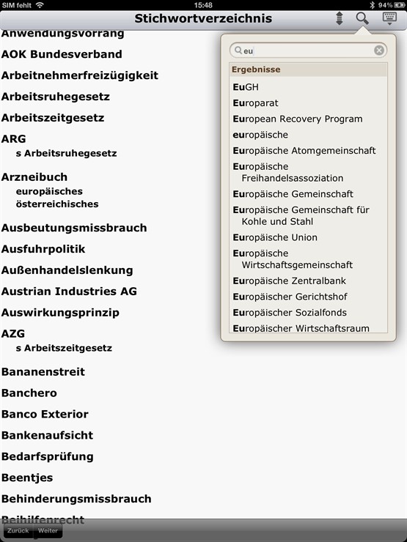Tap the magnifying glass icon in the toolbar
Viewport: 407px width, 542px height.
point(362,18)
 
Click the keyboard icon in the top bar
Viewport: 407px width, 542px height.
point(389,18)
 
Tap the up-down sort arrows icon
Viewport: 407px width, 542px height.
point(339,19)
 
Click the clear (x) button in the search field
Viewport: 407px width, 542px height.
point(379,51)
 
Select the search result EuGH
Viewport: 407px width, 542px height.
point(246,87)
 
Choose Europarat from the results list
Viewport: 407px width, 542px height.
point(255,103)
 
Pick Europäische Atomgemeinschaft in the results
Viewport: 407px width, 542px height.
point(304,150)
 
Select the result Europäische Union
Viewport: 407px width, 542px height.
point(275,237)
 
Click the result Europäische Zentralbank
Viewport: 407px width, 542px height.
point(289,281)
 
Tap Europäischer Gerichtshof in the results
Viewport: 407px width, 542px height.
point(290,297)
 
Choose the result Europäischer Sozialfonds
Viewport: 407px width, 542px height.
point(289,313)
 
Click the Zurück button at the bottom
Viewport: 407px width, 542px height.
point(18,530)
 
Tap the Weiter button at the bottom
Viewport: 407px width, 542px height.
point(48,530)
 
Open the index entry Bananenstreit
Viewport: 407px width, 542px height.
point(43,372)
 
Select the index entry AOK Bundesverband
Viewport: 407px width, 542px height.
point(62,54)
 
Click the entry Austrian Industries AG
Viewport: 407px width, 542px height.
point(69,292)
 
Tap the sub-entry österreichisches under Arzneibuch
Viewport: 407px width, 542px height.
point(57,204)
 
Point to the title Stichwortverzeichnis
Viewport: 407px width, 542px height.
point(203,18)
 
